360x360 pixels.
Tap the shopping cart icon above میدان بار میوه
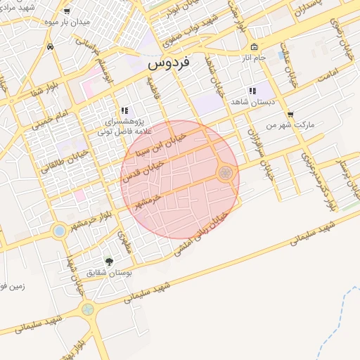click(67, 11)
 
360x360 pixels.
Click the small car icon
click(50, 46)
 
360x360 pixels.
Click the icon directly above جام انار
click(254, 47)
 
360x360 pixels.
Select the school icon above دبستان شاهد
click(252, 91)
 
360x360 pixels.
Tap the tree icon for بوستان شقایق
click(108, 261)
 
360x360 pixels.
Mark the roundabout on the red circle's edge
click(226, 172)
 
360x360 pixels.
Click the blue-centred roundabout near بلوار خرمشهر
click(60, 230)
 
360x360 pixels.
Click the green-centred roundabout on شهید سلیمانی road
click(87, 308)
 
